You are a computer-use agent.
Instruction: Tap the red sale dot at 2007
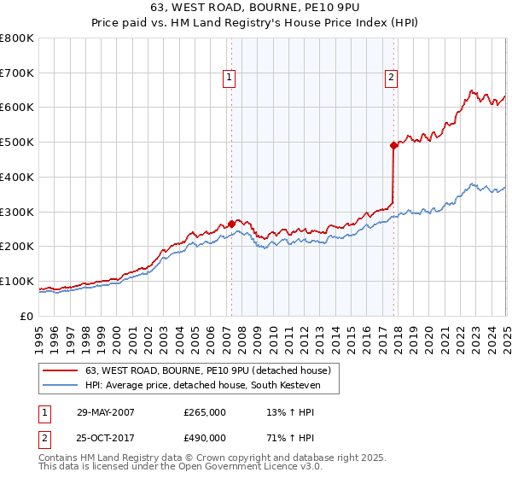pyautogui.click(x=231, y=224)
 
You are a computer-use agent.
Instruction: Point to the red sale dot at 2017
pyautogui.click(x=394, y=145)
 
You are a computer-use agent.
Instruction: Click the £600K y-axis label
pyautogui.click(x=17, y=108)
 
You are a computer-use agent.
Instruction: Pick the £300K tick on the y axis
pyautogui.click(x=17, y=212)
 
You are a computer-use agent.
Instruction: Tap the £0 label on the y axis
pyautogui.click(x=26, y=316)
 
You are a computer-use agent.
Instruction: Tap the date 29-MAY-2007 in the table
pyautogui.click(x=106, y=412)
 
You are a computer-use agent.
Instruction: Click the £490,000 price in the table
pyautogui.click(x=205, y=438)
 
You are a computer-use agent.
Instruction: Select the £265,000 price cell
pyautogui.click(x=205, y=412)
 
